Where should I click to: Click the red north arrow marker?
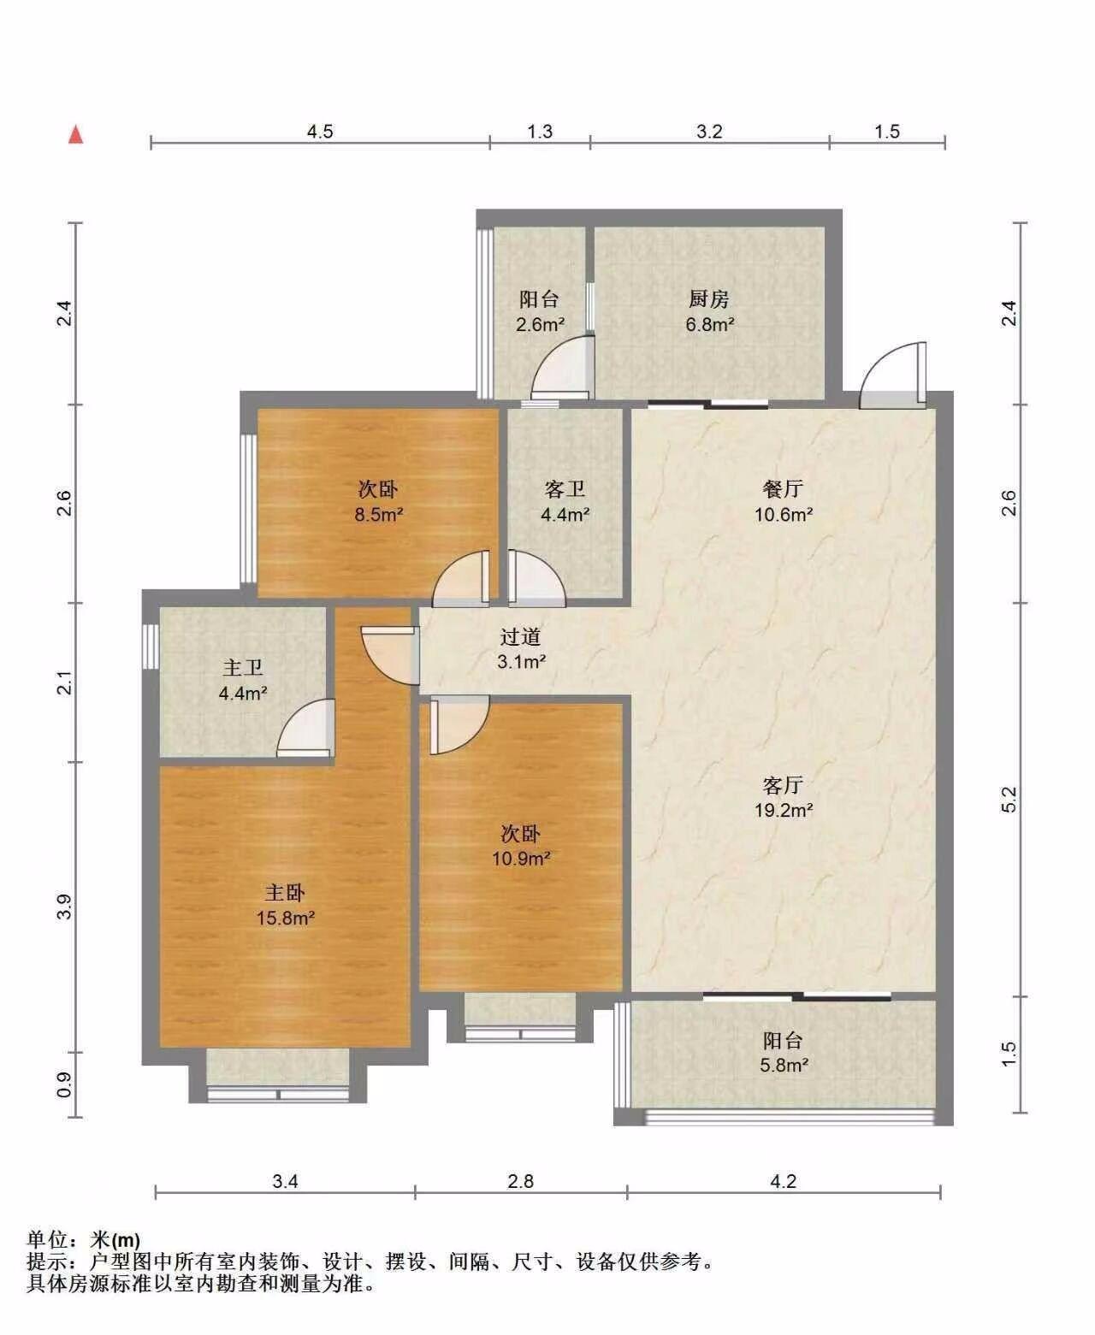click(76, 135)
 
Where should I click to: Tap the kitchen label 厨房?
click(709, 298)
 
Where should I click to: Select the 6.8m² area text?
click(710, 325)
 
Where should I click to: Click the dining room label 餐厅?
click(783, 488)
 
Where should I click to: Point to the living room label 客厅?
click(783, 785)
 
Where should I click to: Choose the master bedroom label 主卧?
click(285, 893)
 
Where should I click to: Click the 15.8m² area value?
click(286, 918)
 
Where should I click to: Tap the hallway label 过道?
click(521, 636)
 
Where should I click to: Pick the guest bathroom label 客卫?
click(565, 489)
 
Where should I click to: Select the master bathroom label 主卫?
click(243, 668)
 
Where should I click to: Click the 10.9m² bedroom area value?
click(521, 859)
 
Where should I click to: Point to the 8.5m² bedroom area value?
click(379, 515)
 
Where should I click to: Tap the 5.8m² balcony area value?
click(784, 1066)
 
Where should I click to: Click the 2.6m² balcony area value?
click(540, 325)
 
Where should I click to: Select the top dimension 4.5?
click(320, 132)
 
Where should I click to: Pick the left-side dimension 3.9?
click(65, 907)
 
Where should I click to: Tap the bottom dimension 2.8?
click(521, 1181)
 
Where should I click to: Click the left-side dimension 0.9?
click(65, 1085)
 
